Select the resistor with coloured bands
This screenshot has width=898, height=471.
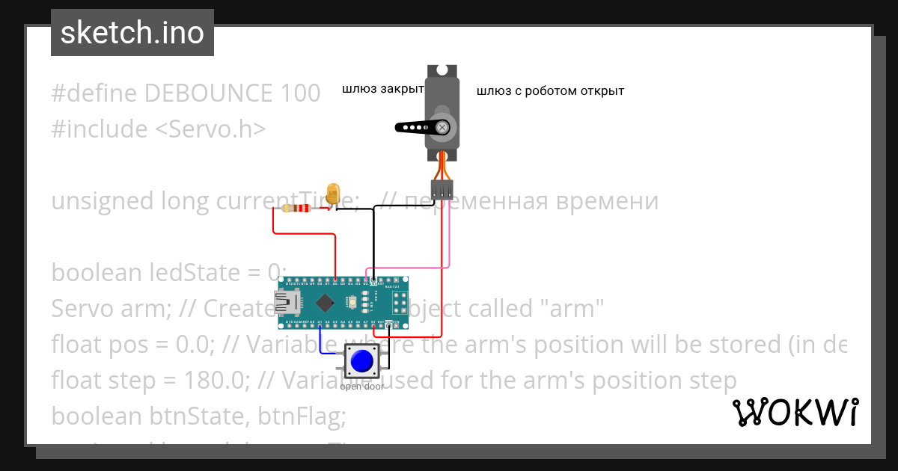point(297,209)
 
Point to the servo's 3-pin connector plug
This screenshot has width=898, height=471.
point(442,189)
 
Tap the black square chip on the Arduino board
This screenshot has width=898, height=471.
point(325,303)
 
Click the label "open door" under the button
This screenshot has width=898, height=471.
point(362,387)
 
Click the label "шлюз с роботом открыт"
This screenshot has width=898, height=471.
point(550,91)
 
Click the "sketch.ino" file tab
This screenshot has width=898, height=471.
point(132,33)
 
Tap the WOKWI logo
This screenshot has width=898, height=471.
point(795,412)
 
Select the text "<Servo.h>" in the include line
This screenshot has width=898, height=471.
point(210,129)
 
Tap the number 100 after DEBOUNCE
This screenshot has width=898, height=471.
point(301,93)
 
